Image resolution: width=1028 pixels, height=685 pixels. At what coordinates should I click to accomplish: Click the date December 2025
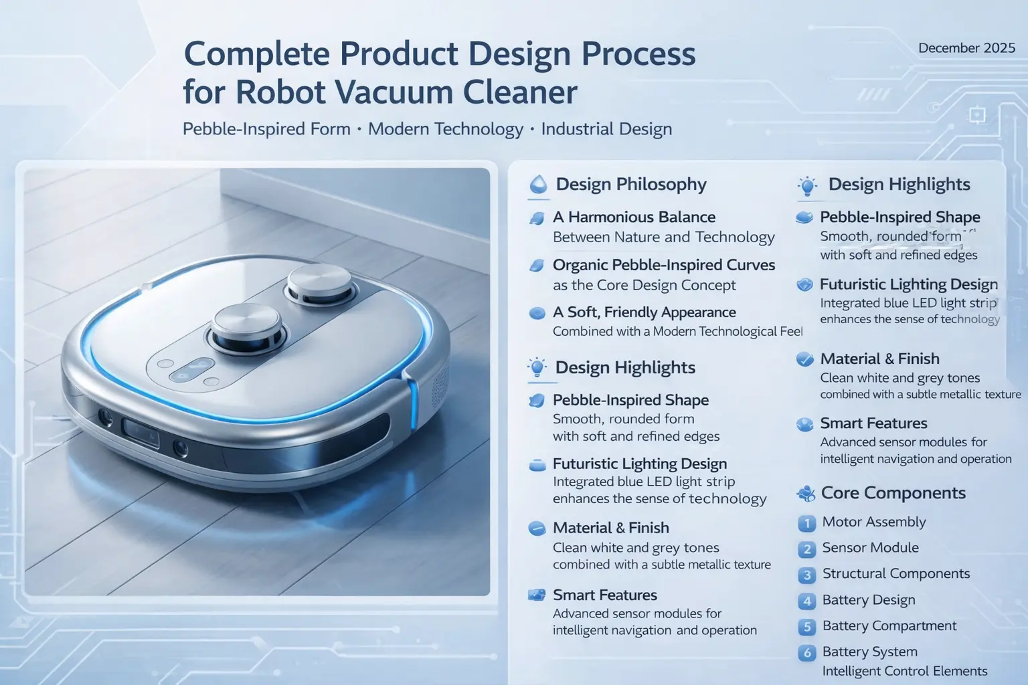(966, 48)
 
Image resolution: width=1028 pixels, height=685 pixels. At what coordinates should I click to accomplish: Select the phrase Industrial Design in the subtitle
(606, 129)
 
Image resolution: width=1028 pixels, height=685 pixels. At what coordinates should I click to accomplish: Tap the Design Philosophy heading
(631, 184)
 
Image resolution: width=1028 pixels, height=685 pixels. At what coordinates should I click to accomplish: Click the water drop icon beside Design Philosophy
(538, 185)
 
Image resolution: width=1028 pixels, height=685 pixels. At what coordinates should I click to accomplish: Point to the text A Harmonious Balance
(634, 217)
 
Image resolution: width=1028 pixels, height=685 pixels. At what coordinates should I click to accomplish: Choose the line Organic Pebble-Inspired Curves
(664, 265)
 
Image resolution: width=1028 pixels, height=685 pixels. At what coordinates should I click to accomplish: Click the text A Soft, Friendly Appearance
(645, 312)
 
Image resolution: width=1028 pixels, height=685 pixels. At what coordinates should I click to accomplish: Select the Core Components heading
(893, 493)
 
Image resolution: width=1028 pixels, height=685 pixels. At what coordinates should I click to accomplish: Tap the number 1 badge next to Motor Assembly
(806, 523)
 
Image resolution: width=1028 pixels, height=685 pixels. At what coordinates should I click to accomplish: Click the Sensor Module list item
(870, 547)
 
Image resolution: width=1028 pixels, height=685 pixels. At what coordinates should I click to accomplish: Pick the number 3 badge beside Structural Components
(806, 575)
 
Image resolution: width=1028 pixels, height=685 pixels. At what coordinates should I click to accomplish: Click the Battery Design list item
(869, 600)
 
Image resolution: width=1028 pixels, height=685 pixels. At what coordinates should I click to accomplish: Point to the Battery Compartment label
(889, 626)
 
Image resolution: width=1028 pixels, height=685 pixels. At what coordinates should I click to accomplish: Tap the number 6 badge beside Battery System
(806, 653)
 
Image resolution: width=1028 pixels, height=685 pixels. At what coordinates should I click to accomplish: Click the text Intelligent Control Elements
(905, 671)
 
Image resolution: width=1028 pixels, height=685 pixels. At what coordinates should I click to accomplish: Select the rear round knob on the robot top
(320, 283)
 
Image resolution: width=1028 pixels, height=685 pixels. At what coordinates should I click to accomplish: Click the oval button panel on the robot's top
(193, 367)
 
